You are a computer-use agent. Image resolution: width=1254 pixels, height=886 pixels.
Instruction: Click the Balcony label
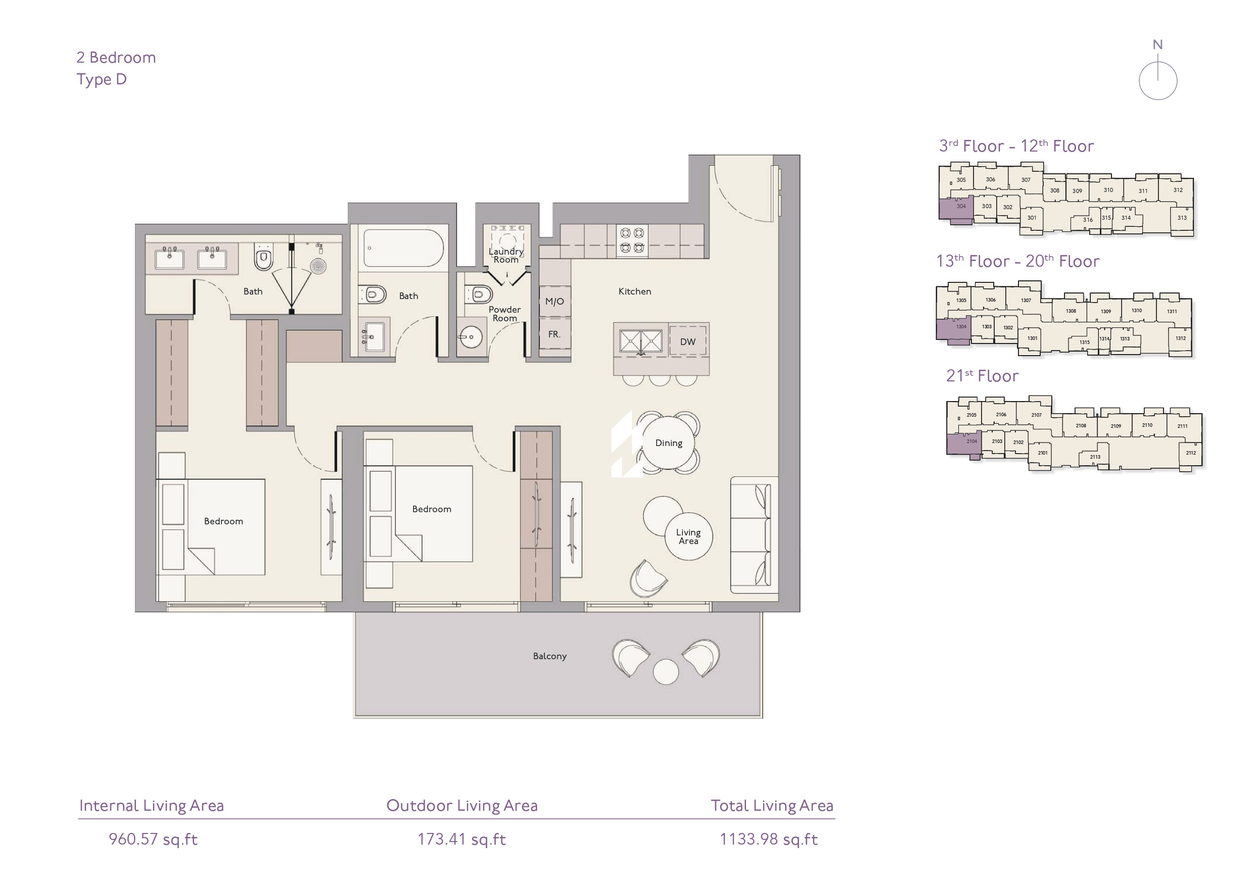click(549, 656)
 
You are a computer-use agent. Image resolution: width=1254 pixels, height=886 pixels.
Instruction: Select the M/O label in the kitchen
click(554, 302)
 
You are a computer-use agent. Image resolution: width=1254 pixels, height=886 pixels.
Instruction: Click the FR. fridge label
click(554, 334)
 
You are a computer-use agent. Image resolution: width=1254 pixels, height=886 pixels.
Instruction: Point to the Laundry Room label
click(506, 256)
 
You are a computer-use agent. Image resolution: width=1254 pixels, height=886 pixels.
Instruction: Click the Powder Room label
click(504, 314)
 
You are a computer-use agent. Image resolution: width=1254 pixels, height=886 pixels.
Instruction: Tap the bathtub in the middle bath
click(403, 249)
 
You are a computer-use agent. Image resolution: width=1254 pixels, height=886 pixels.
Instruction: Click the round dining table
click(669, 442)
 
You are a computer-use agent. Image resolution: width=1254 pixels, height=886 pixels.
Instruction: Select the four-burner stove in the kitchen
click(632, 241)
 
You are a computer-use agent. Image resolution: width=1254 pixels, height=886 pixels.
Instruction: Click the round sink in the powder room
click(470, 337)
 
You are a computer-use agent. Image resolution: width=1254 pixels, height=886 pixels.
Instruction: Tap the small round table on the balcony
click(666, 671)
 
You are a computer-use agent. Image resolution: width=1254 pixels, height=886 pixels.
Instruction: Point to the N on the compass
click(1157, 45)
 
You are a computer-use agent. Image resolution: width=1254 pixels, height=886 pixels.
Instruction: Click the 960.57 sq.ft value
click(153, 839)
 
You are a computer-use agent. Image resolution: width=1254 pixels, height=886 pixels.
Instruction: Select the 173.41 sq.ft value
click(461, 839)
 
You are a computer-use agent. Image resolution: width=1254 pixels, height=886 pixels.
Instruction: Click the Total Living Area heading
click(772, 806)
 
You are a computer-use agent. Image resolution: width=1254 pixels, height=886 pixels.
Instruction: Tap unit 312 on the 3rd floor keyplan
click(1178, 190)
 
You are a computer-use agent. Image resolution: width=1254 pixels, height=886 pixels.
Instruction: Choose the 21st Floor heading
click(982, 376)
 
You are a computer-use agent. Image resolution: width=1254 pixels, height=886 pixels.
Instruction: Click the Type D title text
click(102, 80)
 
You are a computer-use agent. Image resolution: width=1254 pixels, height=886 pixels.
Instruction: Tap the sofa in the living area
click(754, 535)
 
